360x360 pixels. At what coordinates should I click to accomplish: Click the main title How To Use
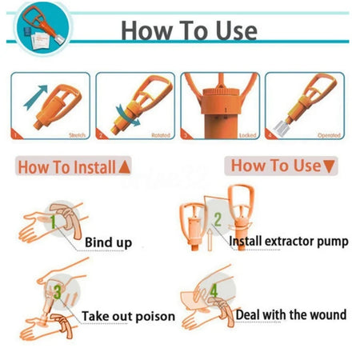pos(188,30)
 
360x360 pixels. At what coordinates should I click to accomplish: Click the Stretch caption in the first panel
pos(77,135)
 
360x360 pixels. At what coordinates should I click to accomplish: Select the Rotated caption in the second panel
pos(161,135)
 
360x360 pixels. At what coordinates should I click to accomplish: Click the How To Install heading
pos(66,167)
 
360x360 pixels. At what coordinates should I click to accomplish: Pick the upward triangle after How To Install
pos(124,168)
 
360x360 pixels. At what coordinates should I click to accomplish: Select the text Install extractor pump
pos(288,240)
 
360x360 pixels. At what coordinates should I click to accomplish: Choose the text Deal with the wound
pos(290,314)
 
